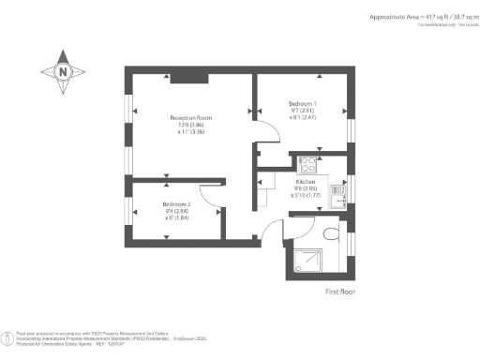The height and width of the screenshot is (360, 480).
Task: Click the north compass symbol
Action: coord(62,70)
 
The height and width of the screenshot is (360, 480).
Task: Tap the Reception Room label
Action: coord(191,118)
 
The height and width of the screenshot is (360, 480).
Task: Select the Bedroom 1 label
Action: coord(302,102)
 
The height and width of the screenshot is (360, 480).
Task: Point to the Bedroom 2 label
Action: coord(176,204)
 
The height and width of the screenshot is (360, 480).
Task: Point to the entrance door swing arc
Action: coord(272,231)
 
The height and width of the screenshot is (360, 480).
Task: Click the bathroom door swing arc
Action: coord(305,222)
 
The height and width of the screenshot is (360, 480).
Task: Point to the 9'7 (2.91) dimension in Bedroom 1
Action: coord(302,111)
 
